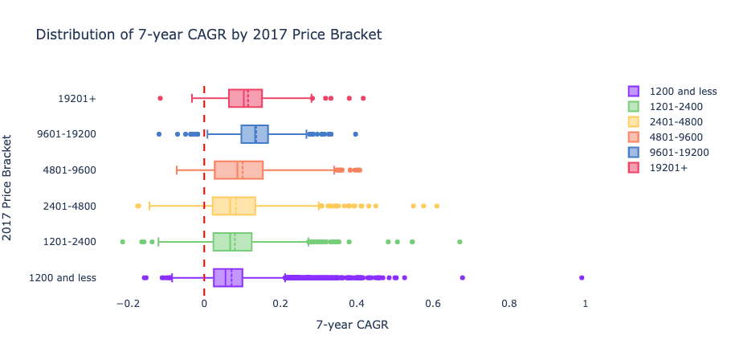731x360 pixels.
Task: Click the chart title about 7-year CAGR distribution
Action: coord(208,35)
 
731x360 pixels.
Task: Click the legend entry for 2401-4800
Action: coord(680,121)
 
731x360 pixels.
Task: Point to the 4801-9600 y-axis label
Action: coord(71,170)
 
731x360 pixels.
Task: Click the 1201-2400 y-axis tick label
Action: coord(71,242)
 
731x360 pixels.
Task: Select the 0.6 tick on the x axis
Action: coord(433,303)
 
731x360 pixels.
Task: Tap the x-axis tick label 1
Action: coord(585,303)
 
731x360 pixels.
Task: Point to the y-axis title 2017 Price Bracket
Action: coord(9,188)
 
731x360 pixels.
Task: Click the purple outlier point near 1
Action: coord(582,278)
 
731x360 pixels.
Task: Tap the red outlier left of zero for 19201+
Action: coord(160,98)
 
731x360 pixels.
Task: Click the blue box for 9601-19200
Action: coord(255,134)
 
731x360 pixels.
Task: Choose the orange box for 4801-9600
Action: coord(239,170)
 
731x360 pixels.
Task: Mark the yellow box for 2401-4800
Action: coord(234,206)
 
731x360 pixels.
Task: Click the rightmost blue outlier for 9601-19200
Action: coord(355,134)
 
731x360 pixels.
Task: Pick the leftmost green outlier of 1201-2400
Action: coord(122,242)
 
